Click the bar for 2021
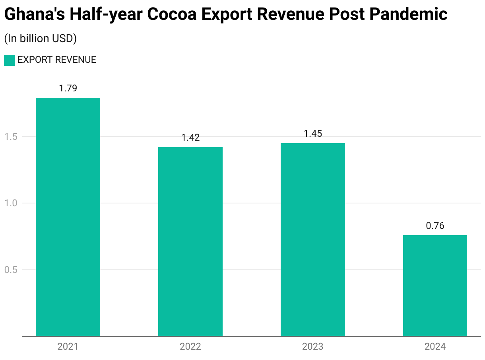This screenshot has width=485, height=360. click(68, 217)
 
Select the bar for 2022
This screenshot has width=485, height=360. click(190, 241)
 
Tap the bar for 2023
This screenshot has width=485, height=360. click(313, 239)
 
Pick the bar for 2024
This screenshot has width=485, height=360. click(435, 285)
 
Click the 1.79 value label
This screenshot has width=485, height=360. click(68, 88)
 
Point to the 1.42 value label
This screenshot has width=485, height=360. click(190, 137)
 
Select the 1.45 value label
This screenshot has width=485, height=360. click(313, 134)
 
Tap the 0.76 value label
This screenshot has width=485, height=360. click(435, 226)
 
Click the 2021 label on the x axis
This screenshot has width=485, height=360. click(68, 346)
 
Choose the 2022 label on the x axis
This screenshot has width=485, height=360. click(190, 346)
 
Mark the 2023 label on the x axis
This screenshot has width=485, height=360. click(313, 346)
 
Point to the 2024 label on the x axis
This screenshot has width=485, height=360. click(435, 346)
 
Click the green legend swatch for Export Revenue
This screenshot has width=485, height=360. click(10, 60)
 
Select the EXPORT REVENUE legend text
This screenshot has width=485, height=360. click(57, 60)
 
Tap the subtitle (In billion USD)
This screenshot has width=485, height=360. click(40, 39)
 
